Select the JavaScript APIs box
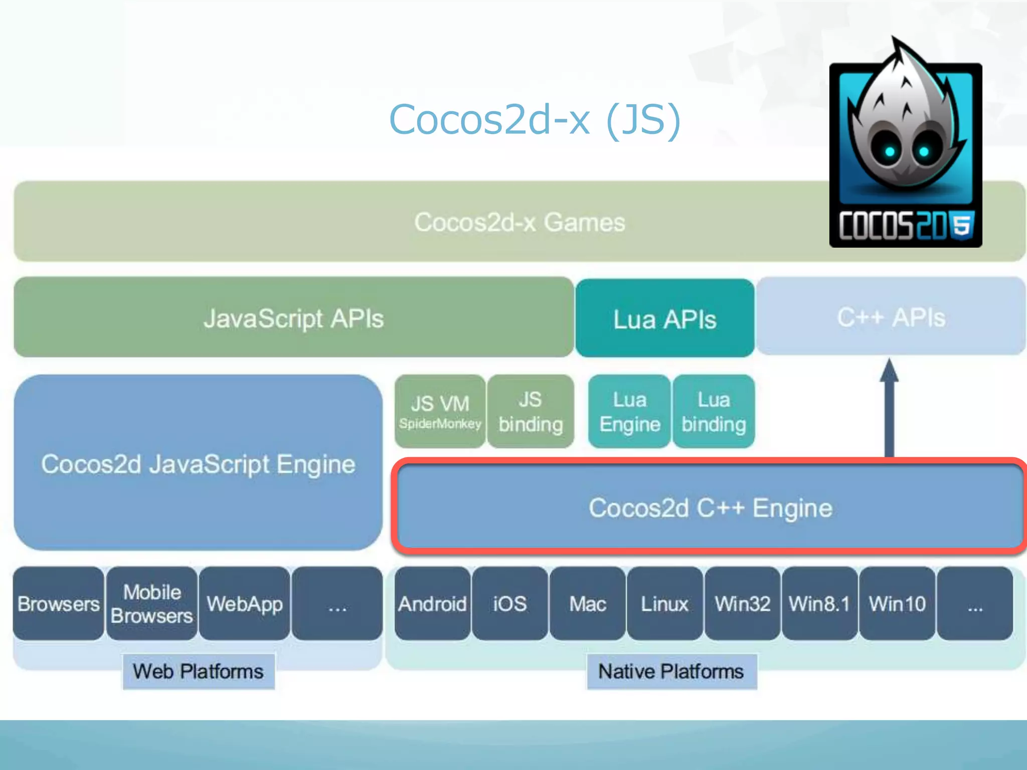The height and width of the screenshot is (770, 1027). click(293, 318)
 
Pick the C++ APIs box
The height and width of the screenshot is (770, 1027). click(891, 317)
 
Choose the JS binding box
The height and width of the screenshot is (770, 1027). click(531, 412)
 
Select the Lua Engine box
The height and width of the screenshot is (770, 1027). click(629, 412)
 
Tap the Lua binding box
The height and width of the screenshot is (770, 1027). click(714, 412)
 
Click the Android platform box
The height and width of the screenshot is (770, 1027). click(432, 604)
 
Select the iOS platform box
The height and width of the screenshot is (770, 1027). click(509, 604)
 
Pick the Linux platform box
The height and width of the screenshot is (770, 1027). click(664, 604)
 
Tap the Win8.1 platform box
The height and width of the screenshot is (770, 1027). click(819, 604)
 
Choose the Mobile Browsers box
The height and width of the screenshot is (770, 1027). click(151, 604)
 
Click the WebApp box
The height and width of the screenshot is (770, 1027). click(245, 604)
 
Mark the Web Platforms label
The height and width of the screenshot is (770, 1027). click(198, 671)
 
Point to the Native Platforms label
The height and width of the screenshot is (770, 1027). click(671, 671)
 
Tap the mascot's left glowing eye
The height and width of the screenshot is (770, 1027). click(890, 151)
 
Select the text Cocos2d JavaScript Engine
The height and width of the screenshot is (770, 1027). click(198, 464)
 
